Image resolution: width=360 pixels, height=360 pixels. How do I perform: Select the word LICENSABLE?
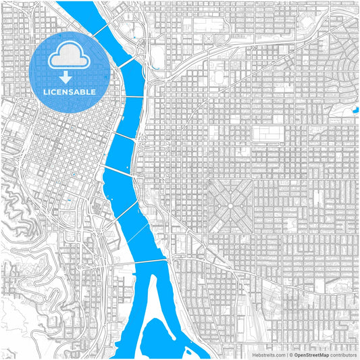pos(70,92)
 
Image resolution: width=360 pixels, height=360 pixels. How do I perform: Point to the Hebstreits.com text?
pos(268,354)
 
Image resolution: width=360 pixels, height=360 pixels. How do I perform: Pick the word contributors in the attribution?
pos(343,354)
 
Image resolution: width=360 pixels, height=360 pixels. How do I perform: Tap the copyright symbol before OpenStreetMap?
pos(291,354)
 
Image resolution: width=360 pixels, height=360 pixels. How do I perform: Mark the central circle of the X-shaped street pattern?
pos(230,201)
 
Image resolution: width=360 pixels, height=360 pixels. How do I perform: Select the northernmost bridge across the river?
pos(101,32)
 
